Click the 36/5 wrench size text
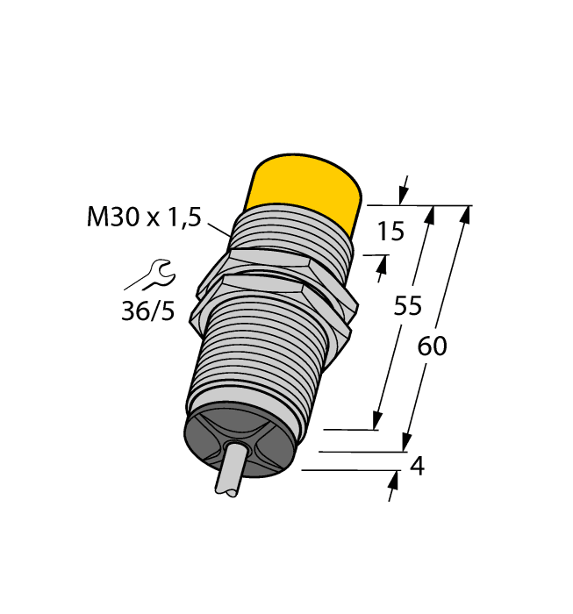(147, 311)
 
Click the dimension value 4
(418, 467)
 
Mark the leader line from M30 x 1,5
(218, 227)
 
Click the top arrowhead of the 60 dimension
(465, 214)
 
